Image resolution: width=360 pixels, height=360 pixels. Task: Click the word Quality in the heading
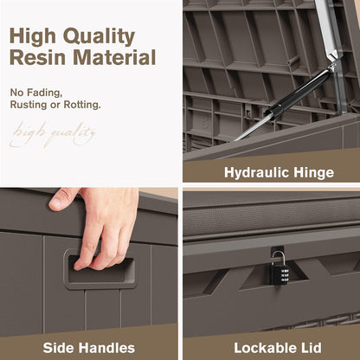[x=99, y=36]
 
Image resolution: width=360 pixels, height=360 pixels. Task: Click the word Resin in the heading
[x=38, y=57]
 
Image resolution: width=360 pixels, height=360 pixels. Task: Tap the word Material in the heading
[x=114, y=57]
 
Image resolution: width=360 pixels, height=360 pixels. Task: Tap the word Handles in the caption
[x=107, y=348]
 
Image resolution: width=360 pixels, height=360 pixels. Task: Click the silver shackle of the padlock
[x=278, y=258]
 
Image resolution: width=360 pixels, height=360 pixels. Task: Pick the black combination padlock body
[x=279, y=273]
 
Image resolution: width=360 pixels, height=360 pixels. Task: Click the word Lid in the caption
[x=311, y=348]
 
